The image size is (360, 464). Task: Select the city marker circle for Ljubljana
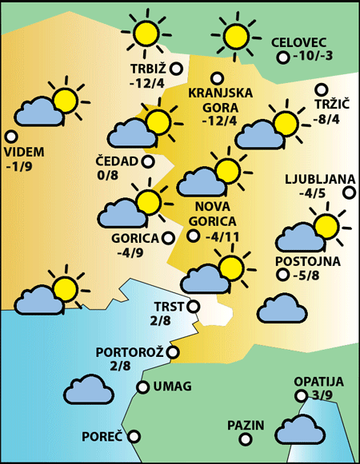349,192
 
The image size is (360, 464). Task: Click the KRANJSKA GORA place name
220,100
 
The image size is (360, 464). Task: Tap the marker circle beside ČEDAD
148,161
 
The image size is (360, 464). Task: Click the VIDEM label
24,152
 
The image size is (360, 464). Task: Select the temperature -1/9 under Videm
19,167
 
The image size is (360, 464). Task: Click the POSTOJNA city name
308,261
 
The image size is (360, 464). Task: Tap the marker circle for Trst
193,305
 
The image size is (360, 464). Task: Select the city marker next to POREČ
134,436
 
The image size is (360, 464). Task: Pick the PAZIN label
245,425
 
